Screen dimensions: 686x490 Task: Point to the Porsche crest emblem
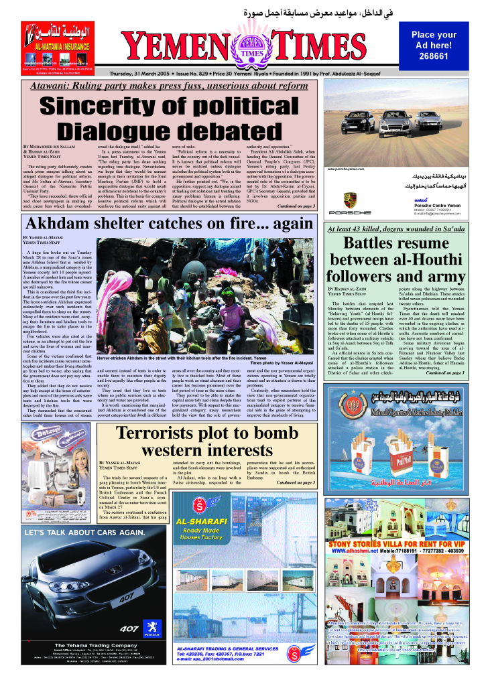point(349,200)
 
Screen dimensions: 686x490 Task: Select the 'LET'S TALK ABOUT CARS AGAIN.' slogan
point(71,533)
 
